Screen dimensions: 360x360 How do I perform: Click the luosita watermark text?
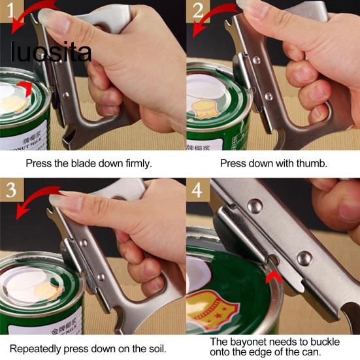(50, 52)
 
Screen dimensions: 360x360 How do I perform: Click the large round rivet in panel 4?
(304, 257)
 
